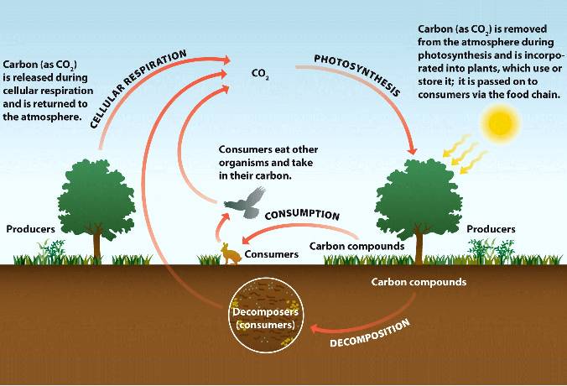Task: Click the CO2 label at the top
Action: [x=259, y=74]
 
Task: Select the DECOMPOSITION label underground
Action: [x=370, y=333]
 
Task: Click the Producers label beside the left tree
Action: [x=31, y=228]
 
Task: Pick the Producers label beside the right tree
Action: [x=491, y=228]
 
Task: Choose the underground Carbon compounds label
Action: [x=419, y=282]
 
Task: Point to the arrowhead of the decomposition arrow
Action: [x=313, y=326]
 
